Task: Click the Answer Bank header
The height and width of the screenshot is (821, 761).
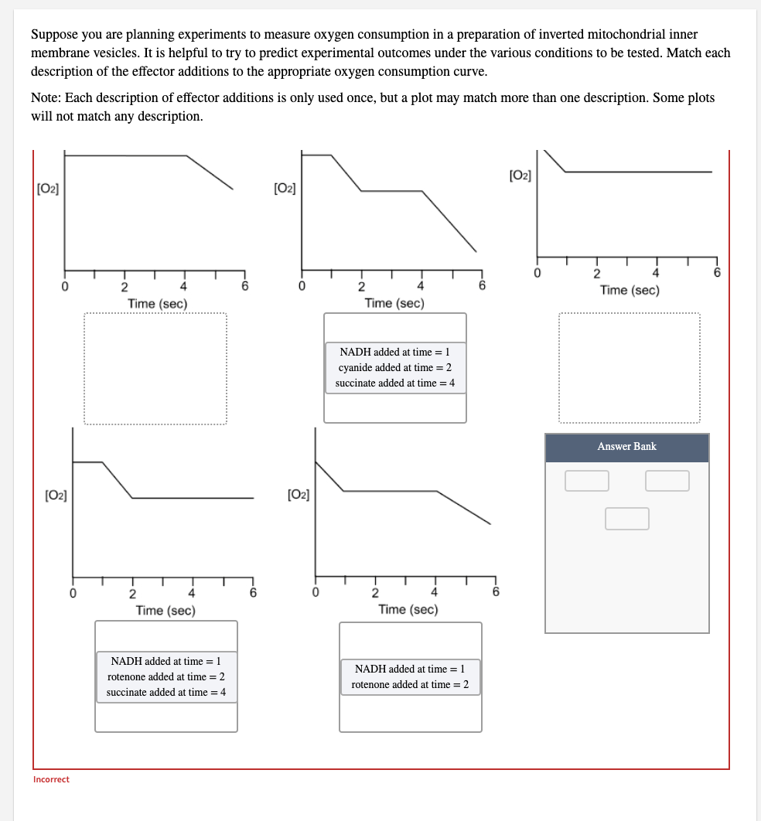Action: [x=626, y=447]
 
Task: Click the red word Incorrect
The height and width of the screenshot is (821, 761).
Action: [x=51, y=779]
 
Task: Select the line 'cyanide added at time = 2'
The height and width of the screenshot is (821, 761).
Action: [x=395, y=368]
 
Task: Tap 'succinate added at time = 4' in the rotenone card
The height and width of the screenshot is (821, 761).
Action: [x=166, y=693]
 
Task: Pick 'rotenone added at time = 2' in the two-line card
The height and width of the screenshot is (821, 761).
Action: [x=410, y=685]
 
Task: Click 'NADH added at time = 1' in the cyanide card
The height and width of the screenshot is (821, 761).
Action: [x=395, y=353]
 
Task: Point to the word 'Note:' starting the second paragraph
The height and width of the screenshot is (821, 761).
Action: [x=45, y=98]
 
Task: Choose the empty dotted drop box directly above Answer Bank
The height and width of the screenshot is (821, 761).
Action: [x=630, y=368]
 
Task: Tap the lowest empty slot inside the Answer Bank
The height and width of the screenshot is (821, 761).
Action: [x=626, y=519]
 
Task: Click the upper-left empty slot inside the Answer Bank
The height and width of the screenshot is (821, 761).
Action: [x=586, y=481]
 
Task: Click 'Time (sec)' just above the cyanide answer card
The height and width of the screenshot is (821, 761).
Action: [x=394, y=303]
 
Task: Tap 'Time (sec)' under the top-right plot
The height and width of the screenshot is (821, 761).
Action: [x=630, y=290]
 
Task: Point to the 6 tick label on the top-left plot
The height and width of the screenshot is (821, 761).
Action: [x=244, y=286]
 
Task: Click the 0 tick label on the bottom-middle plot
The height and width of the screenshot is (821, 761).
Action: [x=315, y=593]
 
